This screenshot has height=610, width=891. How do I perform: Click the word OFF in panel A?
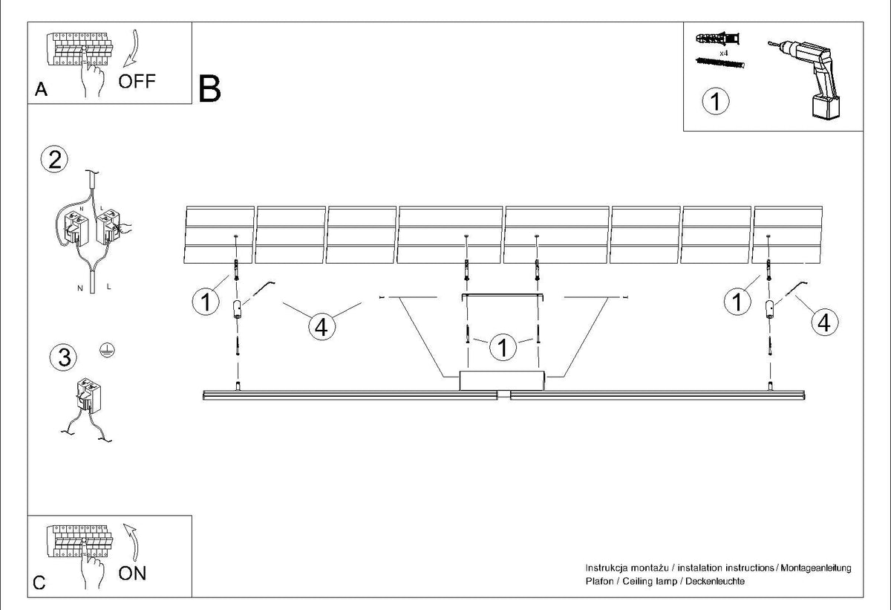pos(137,81)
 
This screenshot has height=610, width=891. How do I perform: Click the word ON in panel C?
pos(132,574)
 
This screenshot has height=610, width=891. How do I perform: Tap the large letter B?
pos(209,89)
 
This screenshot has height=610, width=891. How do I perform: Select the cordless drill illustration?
pos(806,79)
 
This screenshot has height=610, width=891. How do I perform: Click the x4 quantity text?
pos(724,53)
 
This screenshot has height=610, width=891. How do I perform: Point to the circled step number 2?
pos(54,160)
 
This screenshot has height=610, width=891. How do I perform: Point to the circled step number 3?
pos(64,357)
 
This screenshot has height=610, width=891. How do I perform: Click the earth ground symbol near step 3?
pos(108,350)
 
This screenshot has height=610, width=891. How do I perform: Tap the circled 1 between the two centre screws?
pos(503,348)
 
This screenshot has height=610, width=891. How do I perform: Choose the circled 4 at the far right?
pos(825,322)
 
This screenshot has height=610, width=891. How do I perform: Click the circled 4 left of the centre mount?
pos(322,327)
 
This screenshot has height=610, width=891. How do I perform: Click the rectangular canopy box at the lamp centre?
pos(502,381)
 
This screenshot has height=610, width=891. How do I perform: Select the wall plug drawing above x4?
pos(717,39)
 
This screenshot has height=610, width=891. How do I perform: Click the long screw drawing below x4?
pos(719,63)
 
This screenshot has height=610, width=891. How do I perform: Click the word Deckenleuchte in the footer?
pos(715,581)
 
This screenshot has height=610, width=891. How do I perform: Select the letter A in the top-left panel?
pos(41,89)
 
